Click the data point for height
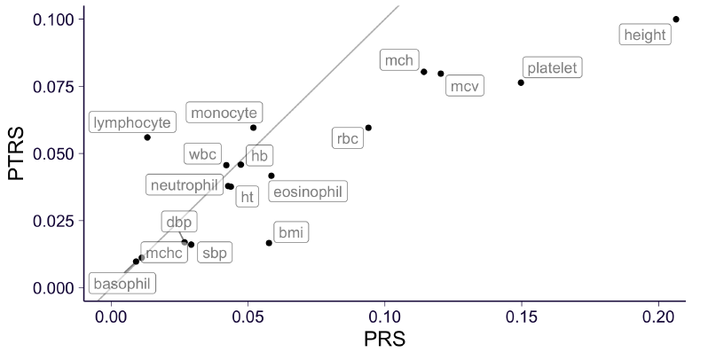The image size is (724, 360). tap(676, 20)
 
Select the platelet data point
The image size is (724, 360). tap(521, 82)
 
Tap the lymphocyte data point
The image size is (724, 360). tap(147, 137)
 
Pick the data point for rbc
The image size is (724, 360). tap(368, 128)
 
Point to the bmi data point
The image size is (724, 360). tap(269, 243)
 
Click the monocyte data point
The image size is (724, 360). tap(253, 128)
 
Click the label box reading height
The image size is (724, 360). tap(644, 35)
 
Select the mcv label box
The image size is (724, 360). tap(464, 86)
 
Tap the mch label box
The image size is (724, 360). tap(398, 60)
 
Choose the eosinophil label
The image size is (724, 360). tap(307, 192)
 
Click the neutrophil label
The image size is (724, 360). tap(184, 185)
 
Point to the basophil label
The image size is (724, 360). tap(122, 285)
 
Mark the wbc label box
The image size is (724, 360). tap(201, 153)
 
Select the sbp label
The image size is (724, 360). tap(214, 254)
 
